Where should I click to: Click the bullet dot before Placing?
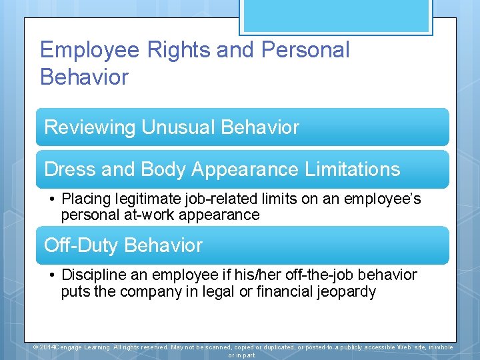pyautogui.click(x=51, y=199)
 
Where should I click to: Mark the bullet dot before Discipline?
pyautogui.click(x=51, y=275)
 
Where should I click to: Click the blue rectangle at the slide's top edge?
pyautogui.click(x=336, y=16)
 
